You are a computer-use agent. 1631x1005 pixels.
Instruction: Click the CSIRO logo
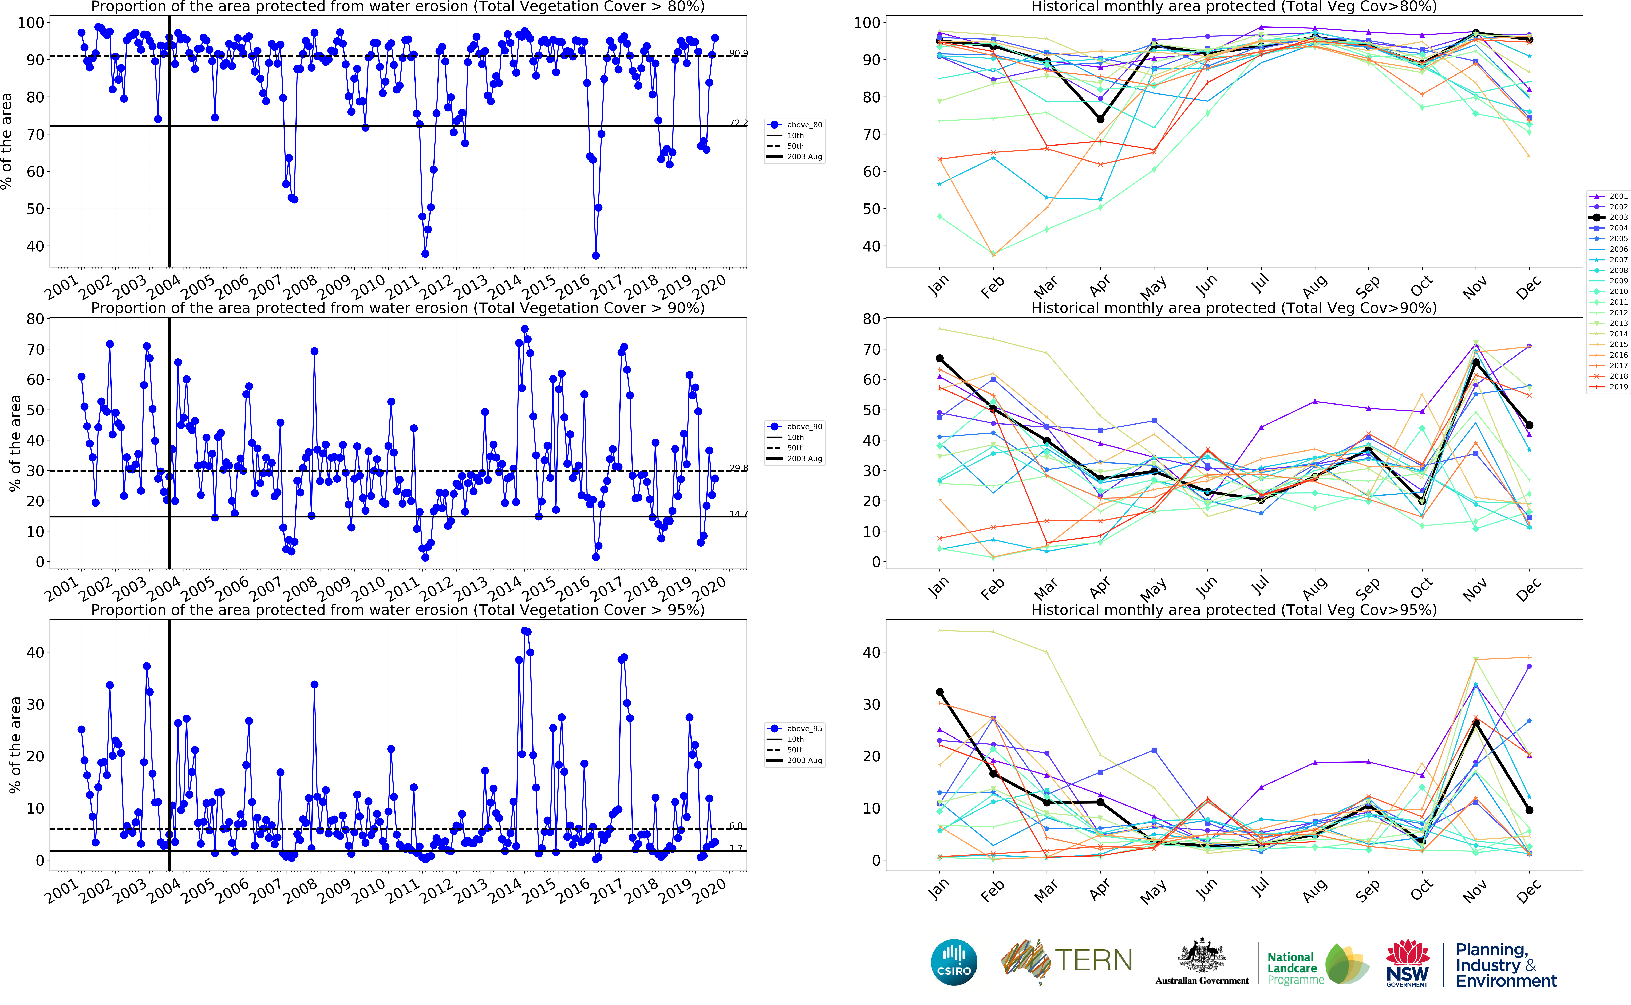click(x=954, y=962)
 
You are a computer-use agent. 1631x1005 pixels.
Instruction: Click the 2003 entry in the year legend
click(x=1618, y=217)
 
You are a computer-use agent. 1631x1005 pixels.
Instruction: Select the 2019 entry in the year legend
click(x=1618, y=387)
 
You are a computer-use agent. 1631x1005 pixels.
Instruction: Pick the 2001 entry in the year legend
click(x=1618, y=196)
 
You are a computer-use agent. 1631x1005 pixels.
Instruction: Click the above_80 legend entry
click(x=804, y=125)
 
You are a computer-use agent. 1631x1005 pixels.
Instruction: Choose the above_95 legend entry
click(x=804, y=728)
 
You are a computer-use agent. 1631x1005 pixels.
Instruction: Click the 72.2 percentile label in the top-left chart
click(x=737, y=123)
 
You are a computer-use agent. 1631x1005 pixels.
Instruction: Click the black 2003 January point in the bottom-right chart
click(x=939, y=692)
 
